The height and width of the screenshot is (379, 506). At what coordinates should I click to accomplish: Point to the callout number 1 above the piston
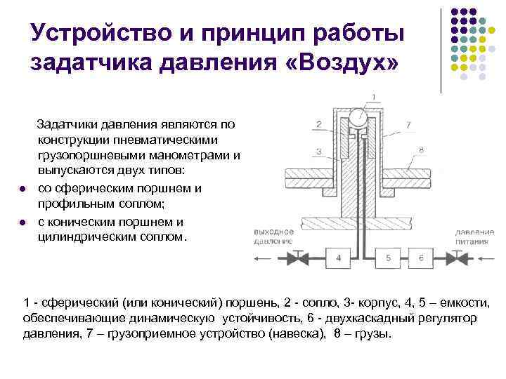point(373,97)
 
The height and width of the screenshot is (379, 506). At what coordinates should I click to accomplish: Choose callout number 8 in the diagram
point(420,149)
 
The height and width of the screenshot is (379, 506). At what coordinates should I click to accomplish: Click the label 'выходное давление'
point(274,236)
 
